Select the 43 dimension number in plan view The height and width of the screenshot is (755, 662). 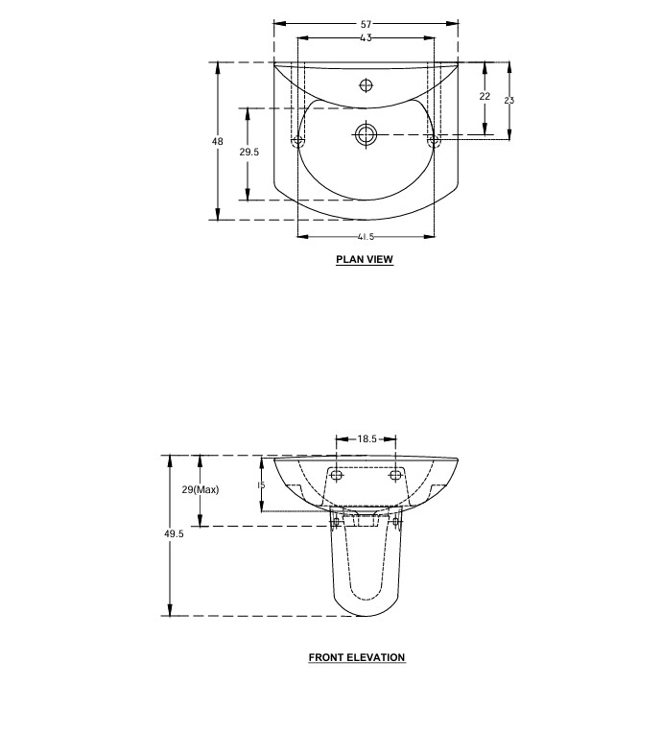[366, 37]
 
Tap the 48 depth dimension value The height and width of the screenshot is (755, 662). [218, 141]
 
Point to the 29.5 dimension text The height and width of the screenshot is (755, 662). [249, 152]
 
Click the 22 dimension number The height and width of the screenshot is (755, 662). [485, 96]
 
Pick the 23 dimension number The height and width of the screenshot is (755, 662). [509, 100]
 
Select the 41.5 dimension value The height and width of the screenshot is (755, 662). [365, 236]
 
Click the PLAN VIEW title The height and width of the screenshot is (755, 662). [365, 259]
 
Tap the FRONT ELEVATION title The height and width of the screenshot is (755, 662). [357, 657]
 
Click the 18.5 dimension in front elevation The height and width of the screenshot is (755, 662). [366, 438]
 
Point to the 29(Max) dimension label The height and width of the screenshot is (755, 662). [201, 489]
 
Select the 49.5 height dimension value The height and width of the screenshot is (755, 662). [173, 534]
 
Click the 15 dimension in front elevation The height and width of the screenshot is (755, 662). [260, 485]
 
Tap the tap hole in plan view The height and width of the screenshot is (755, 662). [366, 85]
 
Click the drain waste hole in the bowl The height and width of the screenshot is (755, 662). [366, 133]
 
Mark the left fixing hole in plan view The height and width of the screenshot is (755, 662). [297, 142]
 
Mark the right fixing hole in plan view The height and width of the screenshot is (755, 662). [433, 142]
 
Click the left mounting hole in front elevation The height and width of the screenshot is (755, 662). [337, 475]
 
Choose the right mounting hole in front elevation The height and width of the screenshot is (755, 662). [394, 475]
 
